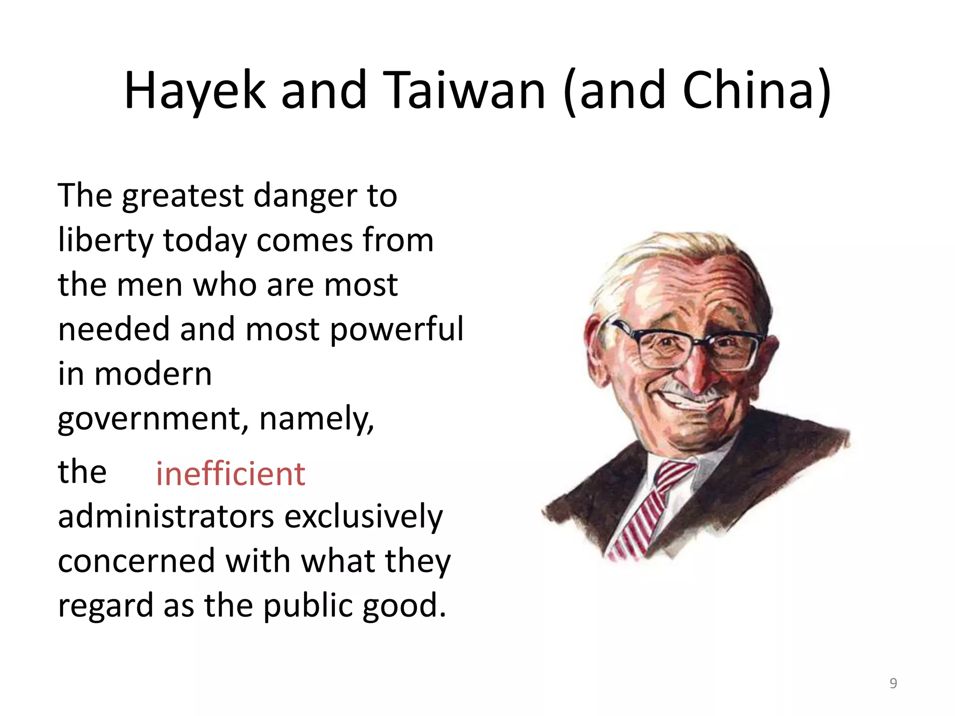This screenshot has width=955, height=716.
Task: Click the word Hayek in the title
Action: [x=194, y=91]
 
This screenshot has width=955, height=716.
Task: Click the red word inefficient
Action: [x=230, y=474]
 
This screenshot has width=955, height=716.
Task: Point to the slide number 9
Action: [x=893, y=683]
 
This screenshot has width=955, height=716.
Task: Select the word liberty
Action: [x=105, y=241]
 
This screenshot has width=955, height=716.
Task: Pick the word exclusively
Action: [x=363, y=517]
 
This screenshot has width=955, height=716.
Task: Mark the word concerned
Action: [x=136, y=561]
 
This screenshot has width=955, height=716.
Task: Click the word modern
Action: [x=153, y=374]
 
